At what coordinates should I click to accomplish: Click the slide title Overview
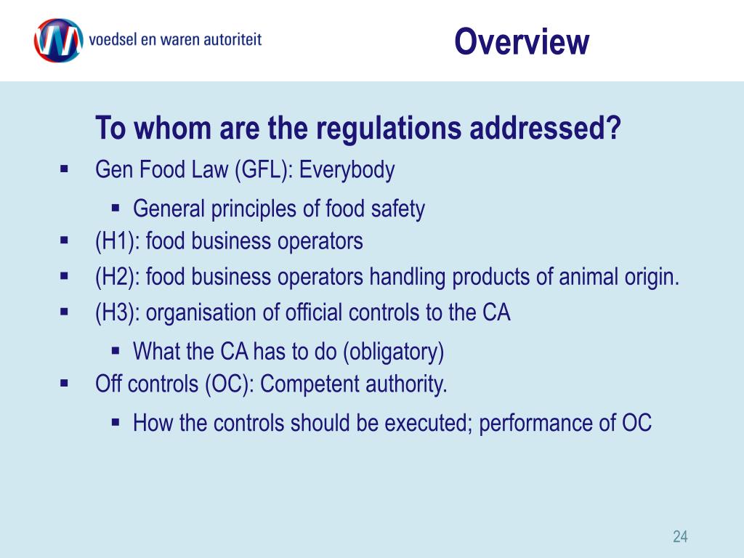[521, 41]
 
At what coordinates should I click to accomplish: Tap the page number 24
[680, 537]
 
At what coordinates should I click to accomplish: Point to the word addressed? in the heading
[544, 129]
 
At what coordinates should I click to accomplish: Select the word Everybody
[347, 171]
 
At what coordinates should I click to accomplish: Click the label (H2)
[118, 277]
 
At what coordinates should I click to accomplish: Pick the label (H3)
[118, 313]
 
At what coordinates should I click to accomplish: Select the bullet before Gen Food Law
[63, 169]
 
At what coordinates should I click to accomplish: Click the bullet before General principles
[116, 208]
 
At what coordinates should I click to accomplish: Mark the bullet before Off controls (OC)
[63, 382]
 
